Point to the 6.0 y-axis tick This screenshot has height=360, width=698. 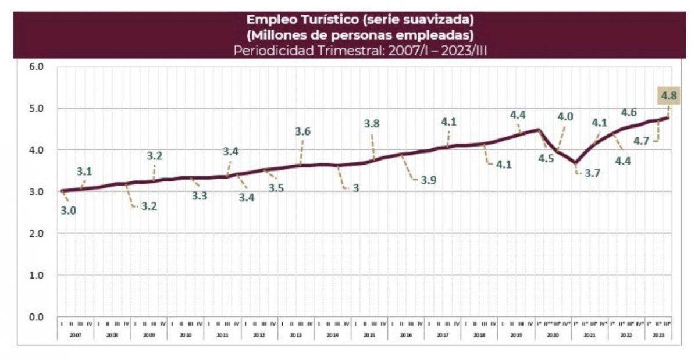(37, 66)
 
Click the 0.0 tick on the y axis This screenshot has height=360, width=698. (37, 317)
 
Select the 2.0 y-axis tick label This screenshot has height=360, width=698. (37, 233)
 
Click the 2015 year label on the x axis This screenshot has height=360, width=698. (369, 336)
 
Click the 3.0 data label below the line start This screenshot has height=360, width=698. (68, 211)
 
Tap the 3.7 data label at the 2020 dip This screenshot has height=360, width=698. (583, 173)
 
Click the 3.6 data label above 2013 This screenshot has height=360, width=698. (303, 131)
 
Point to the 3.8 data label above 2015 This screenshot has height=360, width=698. (372, 123)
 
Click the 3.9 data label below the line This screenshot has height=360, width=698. (429, 181)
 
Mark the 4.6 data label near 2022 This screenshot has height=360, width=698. (628, 113)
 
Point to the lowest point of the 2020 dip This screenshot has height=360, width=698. (575, 162)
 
